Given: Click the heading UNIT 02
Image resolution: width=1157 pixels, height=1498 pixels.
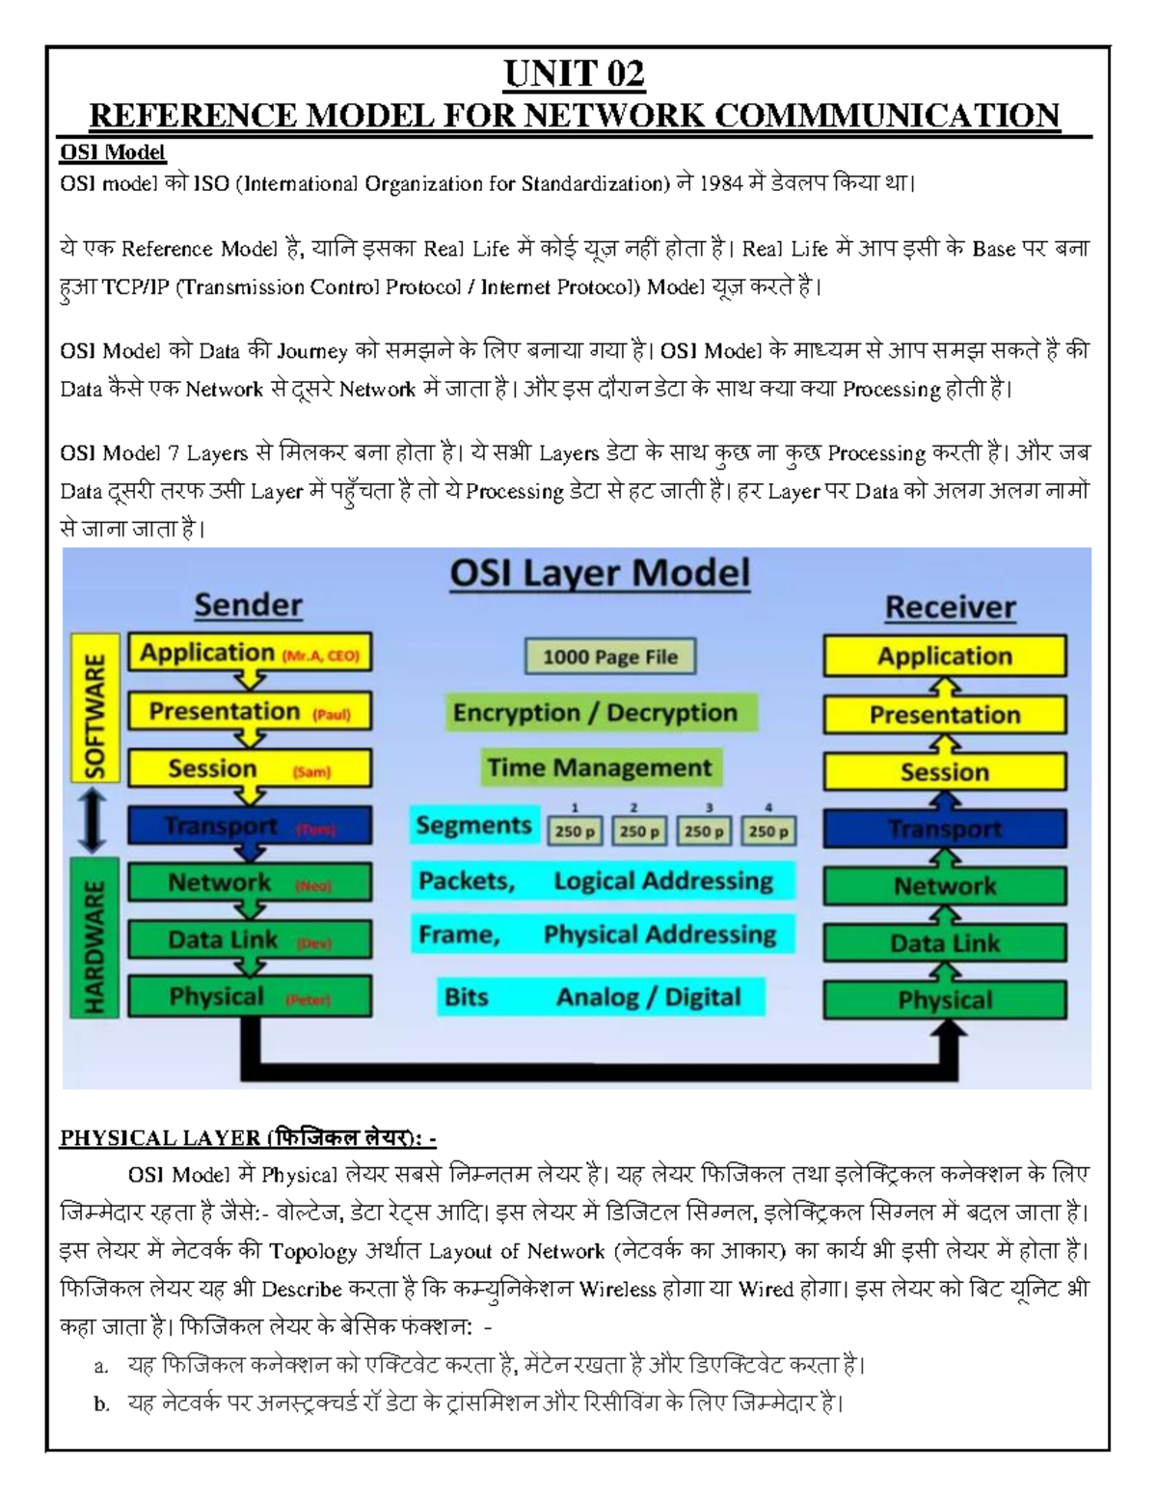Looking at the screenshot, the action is pos(574,74).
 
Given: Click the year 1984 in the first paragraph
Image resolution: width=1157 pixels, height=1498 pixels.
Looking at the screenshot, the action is pos(720,183).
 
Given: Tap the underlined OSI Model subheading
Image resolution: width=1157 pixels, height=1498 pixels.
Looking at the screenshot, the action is pos(113,152).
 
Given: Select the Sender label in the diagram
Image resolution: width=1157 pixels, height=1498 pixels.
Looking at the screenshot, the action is pos(248,605).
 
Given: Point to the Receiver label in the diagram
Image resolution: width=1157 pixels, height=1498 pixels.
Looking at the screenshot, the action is pos(950,608).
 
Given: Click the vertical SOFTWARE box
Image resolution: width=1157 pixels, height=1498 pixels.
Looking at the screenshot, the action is pos(94,707).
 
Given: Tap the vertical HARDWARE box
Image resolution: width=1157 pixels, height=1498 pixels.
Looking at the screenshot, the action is pos(94,938).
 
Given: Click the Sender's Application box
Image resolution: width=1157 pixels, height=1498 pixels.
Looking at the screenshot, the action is pos(250,653).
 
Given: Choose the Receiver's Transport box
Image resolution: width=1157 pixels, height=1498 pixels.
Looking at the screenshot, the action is pos(945,829).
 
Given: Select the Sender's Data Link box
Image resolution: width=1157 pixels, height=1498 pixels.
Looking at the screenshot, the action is pos(250,940).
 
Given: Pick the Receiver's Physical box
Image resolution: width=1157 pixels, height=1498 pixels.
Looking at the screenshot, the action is pos(945,1000).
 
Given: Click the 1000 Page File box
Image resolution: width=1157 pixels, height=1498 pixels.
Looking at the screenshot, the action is pos(609,657).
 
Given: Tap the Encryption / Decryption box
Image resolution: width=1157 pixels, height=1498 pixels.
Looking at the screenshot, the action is pos(595,713).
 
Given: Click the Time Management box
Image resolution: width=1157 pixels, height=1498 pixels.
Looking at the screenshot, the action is pos(599,768).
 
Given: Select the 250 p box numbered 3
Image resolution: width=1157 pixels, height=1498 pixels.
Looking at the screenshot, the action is pos(705,831).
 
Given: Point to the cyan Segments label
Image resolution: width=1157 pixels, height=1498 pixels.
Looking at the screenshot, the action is pos(473,826).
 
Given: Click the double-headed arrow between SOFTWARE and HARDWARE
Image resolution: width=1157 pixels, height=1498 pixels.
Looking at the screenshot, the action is pos(93,819).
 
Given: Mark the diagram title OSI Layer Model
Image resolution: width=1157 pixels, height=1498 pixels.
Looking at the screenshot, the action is pos(600,573).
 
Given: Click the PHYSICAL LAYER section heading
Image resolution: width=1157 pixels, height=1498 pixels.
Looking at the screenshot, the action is pos(248,1138).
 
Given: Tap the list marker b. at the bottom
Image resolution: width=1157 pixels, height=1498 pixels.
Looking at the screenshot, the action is pos(101,1404).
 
